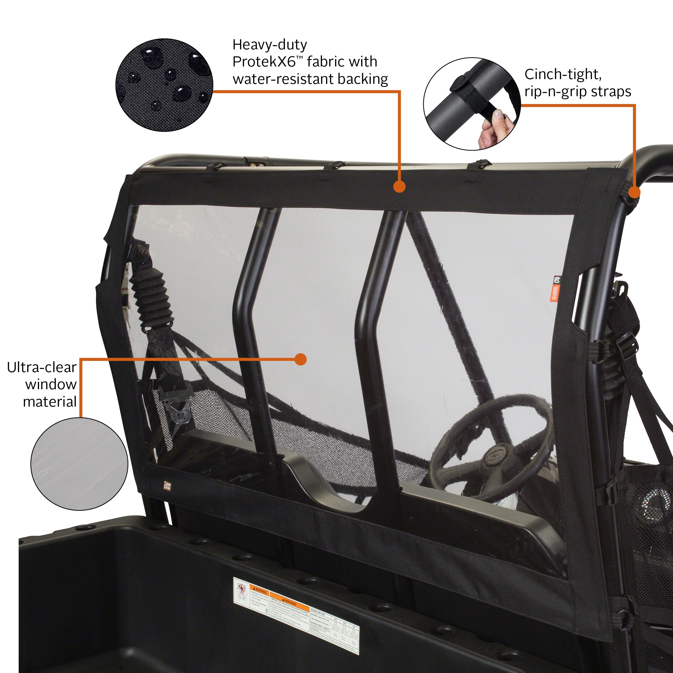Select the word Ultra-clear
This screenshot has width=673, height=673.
42,368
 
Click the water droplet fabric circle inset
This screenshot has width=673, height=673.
164,85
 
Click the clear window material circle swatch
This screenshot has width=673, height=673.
79,464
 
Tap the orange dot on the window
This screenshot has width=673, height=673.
300,359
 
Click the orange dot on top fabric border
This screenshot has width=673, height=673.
400,187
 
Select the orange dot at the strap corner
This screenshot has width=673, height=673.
634,192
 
